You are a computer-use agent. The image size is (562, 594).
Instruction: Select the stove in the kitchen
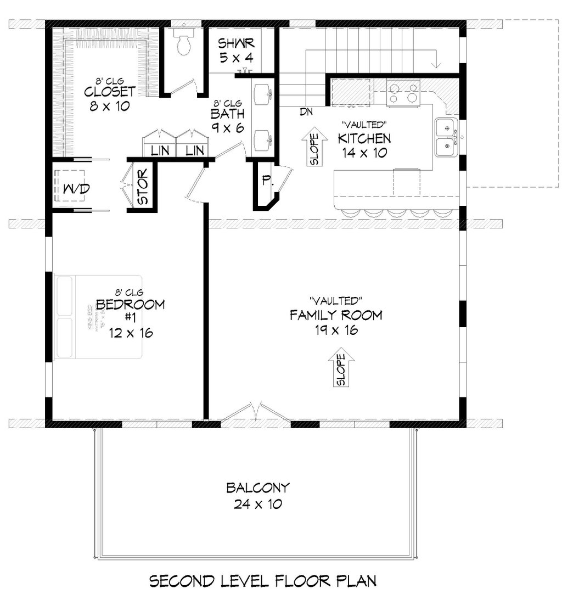(x=403, y=93)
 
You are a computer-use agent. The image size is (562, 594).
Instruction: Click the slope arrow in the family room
(x=340, y=367)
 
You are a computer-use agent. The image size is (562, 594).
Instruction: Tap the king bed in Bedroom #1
(x=99, y=317)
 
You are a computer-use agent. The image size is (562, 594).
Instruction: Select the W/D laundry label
(x=77, y=189)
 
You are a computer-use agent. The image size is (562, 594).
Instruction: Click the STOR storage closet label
(x=143, y=190)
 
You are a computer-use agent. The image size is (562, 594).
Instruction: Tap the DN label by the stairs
(x=306, y=113)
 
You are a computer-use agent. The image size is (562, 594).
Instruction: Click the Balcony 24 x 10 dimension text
(x=257, y=504)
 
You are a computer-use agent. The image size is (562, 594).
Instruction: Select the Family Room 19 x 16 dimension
(x=335, y=329)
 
